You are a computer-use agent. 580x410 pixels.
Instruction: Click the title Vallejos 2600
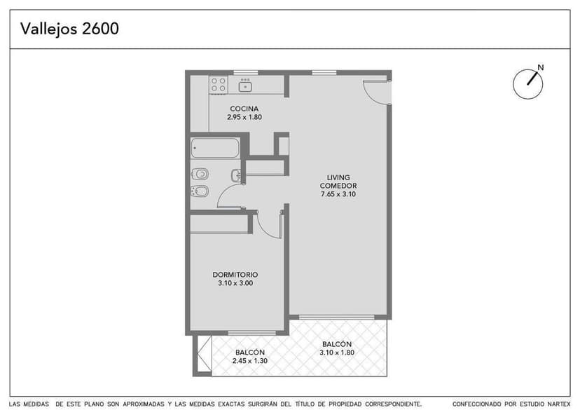pos(69,29)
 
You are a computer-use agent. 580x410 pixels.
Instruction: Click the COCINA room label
pos(244,109)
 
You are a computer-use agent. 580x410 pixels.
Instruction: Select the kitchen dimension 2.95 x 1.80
pos(244,117)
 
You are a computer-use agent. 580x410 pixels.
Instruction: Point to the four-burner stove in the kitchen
pos(219,85)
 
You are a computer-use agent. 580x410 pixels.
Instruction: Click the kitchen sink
pos(245,85)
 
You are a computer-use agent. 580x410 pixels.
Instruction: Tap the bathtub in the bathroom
pos(215,148)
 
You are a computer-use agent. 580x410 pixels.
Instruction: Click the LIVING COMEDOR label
pos(338,181)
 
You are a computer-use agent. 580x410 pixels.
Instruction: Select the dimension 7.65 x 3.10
pos(338,194)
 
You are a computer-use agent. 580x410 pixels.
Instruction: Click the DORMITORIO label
pos(235,275)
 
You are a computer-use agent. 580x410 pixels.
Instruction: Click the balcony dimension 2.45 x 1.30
pos(249,361)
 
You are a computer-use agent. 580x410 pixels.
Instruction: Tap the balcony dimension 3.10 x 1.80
pos(337,353)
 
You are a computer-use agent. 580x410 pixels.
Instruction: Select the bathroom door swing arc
pos(228,196)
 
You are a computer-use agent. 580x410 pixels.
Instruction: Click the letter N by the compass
pos(539,68)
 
